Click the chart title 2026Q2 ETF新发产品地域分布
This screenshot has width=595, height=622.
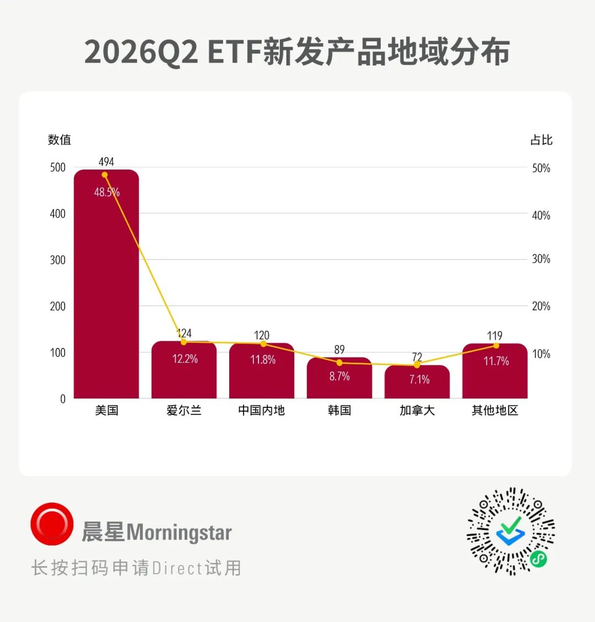[297, 52]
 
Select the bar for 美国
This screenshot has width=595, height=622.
[106, 284]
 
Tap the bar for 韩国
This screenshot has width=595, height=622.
[339, 378]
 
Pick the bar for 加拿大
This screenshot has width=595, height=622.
[417, 381]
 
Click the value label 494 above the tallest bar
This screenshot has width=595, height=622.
[106, 162]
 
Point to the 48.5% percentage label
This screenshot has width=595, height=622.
[107, 193]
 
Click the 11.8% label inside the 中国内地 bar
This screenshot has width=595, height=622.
[263, 360]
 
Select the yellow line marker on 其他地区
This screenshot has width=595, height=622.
[496, 346]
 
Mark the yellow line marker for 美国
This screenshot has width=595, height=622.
[105, 175]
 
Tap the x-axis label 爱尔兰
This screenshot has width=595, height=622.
[184, 410]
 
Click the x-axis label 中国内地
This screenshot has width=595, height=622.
[262, 410]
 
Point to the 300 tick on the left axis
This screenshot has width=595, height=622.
[57, 260]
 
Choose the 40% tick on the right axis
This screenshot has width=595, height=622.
[541, 215]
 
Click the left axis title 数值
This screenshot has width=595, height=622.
[59, 140]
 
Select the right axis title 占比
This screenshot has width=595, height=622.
[542, 140]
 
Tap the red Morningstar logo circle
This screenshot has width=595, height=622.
[52, 524]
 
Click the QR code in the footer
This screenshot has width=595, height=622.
[511, 531]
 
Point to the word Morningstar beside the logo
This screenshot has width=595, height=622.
[179, 532]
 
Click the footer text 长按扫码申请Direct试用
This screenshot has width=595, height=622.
[136, 568]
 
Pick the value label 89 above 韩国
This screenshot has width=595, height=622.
[339, 350]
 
